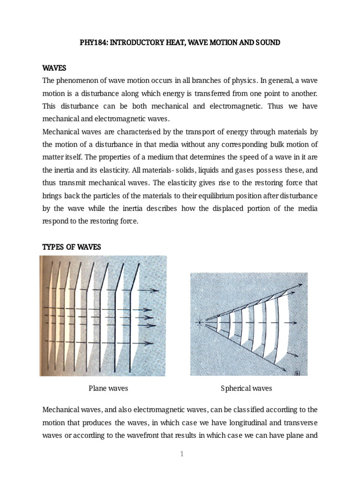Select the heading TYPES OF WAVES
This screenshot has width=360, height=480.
tap(72, 247)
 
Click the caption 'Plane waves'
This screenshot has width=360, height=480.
tap(108, 388)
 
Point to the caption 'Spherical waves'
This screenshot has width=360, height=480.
tap(246, 388)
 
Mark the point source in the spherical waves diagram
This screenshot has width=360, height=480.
tap(200, 322)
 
